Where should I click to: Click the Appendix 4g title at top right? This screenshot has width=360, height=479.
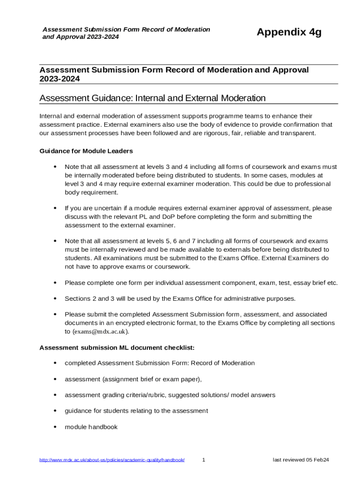[x=289, y=32]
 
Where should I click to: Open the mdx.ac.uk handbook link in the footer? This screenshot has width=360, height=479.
[x=112, y=460]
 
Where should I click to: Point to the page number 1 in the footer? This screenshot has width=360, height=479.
[x=203, y=460]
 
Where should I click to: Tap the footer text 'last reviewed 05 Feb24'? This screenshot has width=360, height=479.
[x=301, y=460]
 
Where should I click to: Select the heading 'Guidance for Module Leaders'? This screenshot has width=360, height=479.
[x=86, y=151]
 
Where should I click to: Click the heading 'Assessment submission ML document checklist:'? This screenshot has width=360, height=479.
[x=117, y=348]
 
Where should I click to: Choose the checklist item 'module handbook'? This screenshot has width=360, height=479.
[x=91, y=427]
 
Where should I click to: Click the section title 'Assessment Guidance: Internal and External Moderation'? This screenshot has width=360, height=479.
[x=152, y=98]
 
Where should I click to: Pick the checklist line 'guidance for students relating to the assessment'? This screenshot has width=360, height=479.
[x=136, y=411]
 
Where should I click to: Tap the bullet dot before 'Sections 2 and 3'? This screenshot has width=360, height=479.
[x=55, y=298]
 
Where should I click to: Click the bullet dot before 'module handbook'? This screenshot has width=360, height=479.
[x=55, y=427]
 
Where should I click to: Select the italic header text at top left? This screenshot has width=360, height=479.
[x=126, y=33]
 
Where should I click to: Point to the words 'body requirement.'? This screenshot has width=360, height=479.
[x=92, y=192]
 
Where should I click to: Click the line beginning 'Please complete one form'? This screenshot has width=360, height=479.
[x=201, y=283]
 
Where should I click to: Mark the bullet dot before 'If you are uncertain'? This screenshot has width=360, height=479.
[x=55, y=208]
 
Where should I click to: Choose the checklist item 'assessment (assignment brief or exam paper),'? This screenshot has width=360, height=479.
[x=133, y=379]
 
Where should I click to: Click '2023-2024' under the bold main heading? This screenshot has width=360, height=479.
[x=59, y=79]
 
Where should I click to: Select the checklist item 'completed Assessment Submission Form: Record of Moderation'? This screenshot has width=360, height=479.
[x=159, y=363]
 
